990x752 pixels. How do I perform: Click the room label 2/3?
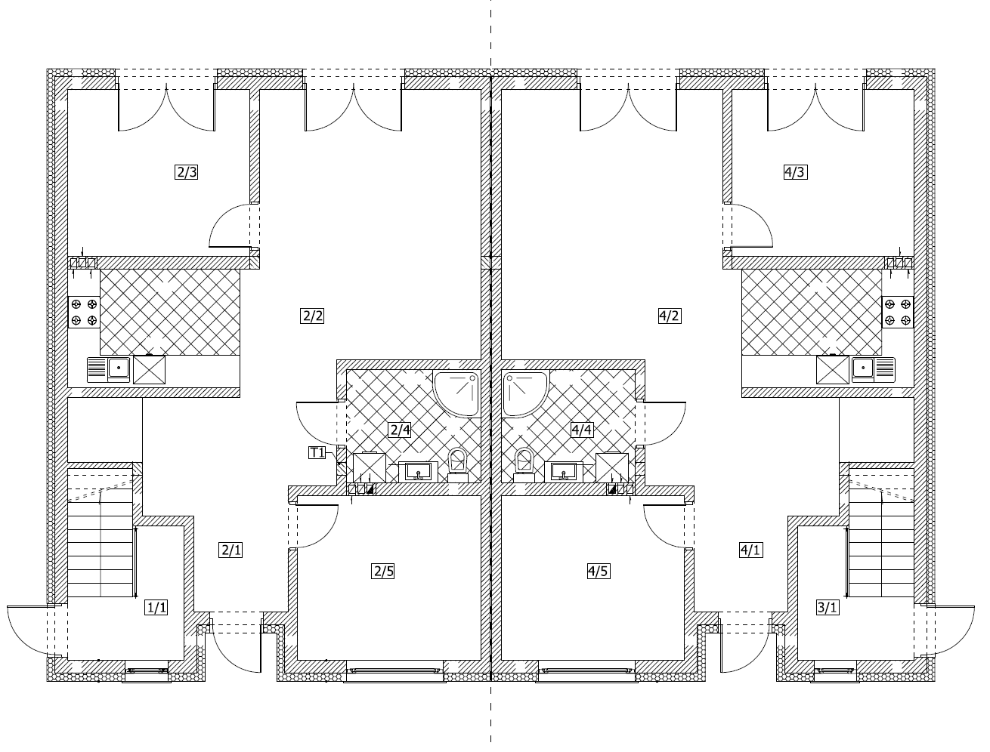[186, 172]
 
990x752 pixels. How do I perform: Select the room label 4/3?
[795, 172]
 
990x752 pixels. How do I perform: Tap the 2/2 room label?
[312, 316]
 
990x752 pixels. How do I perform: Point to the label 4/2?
[670, 316]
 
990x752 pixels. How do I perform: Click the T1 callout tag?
[317, 452]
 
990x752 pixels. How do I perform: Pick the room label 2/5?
[383, 572]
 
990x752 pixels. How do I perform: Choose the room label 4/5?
[599, 572]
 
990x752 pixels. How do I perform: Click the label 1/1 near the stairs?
[156, 608]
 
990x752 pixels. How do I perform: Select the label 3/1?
[828, 608]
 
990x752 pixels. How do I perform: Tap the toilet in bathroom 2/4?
[457, 465]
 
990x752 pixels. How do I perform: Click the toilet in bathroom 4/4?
[524, 465]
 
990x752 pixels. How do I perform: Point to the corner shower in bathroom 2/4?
[456, 393]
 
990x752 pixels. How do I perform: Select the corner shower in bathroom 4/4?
[525, 393]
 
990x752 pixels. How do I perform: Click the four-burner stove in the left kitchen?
[84, 312]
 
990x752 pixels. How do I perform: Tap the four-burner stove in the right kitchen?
[898, 312]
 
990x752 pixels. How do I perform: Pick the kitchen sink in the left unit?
[108, 369]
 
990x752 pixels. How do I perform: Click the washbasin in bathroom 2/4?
[418, 472]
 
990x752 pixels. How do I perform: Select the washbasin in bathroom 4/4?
[563, 472]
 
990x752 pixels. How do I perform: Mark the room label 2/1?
[230, 550]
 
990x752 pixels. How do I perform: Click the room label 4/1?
[751, 550]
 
